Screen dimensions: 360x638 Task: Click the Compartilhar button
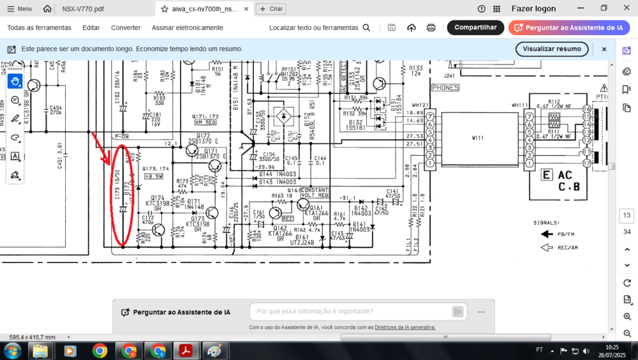click(x=475, y=27)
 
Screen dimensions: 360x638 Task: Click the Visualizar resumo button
click(x=552, y=49)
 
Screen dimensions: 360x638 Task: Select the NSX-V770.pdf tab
click(x=83, y=9)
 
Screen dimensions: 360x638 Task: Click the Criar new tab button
click(x=271, y=9)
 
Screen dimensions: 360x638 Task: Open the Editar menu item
click(x=91, y=27)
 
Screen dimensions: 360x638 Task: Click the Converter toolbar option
click(x=126, y=27)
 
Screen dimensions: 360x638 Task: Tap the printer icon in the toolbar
click(x=431, y=27)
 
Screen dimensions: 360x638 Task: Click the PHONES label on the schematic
click(x=445, y=87)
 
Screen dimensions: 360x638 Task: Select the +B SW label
click(x=154, y=176)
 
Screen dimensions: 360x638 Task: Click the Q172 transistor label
click(x=204, y=136)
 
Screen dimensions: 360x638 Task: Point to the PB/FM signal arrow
click(x=547, y=234)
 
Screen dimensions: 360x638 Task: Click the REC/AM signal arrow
click(x=547, y=248)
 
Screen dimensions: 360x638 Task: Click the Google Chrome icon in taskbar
click(x=100, y=350)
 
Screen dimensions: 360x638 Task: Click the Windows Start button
click(x=12, y=350)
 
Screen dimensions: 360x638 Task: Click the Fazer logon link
click(x=533, y=9)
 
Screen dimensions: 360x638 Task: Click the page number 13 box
click(x=627, y=216)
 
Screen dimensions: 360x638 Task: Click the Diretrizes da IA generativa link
click(x=404, y=327)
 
